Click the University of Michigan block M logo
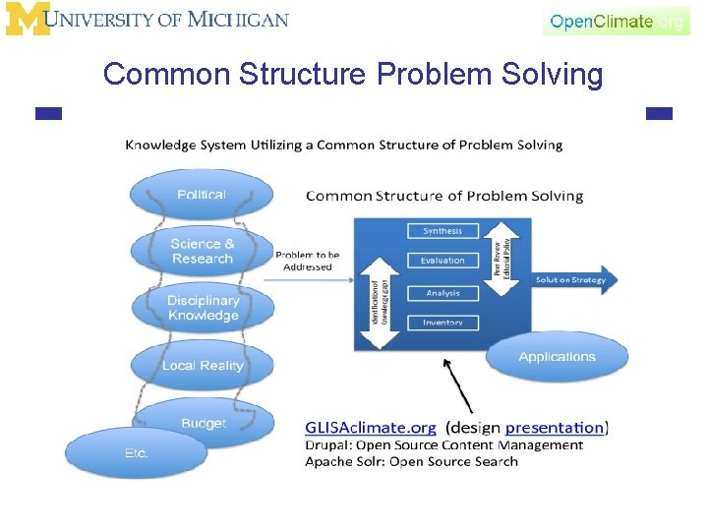(28, 19)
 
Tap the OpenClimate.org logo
(616, 21)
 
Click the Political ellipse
(202, 195)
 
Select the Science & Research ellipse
(202, 252)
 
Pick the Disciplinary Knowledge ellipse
(203, 308)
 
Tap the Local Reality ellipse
(202, 366)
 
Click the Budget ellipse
(204, 424)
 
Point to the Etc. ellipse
(136, 453)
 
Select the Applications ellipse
(557, 357)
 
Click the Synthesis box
(442, 231)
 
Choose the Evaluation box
(442, 261)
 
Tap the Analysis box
(442, 293)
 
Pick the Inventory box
(442, 323)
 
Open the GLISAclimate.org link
(370, 428)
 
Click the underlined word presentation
(554, 428)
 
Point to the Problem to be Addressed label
(308, 261)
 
